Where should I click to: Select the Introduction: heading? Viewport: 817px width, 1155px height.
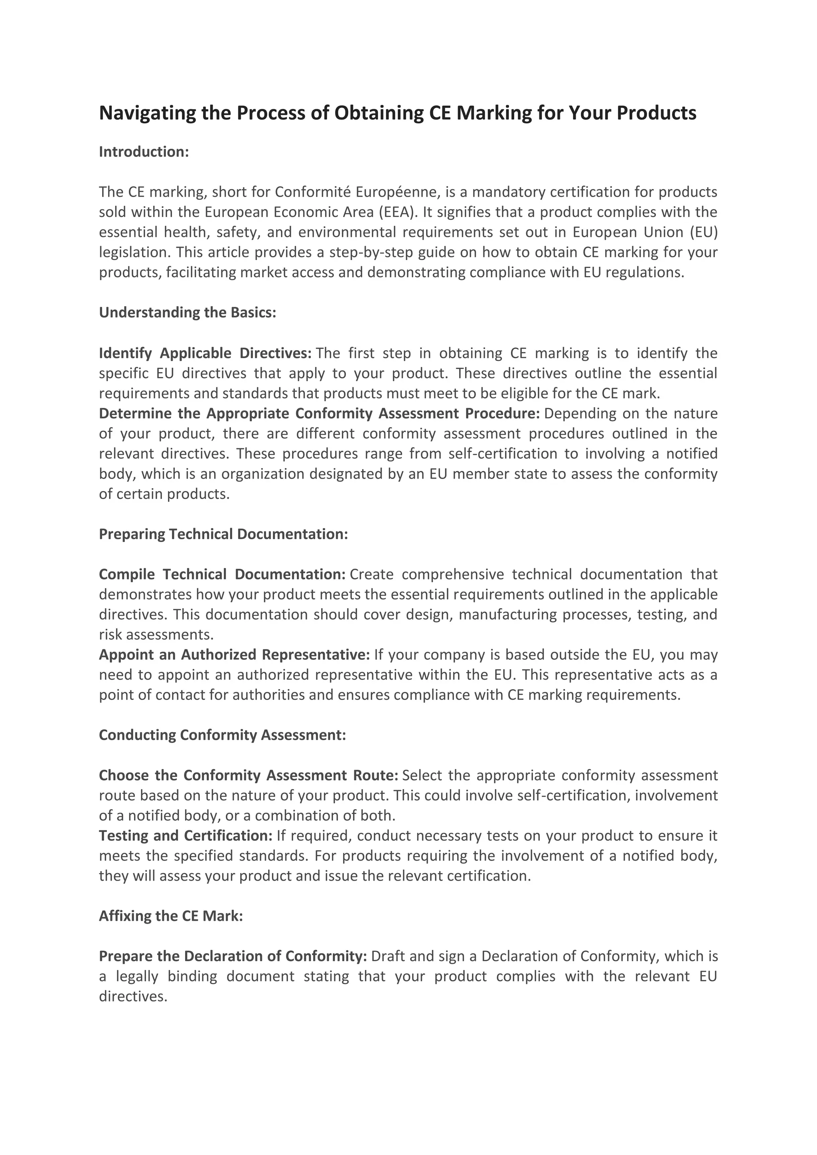tap(144, 152)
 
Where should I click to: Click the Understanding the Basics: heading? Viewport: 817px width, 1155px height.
tap(187, 312)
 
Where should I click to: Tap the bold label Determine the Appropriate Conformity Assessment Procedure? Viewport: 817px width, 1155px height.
tap(319, 414)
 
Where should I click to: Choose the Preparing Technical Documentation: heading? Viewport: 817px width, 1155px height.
tap(223, 534)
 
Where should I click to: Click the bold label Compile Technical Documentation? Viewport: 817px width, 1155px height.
tap(222, 574)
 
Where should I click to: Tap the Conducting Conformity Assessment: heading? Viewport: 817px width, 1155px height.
tap(222, 735)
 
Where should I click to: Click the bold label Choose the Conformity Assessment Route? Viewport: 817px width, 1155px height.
tap(249, 775)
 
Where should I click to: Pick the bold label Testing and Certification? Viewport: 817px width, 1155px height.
tap(186, 836)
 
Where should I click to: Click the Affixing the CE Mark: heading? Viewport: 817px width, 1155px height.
tap(171, 916)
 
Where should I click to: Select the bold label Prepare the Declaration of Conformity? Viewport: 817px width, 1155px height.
tap(233, 956)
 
